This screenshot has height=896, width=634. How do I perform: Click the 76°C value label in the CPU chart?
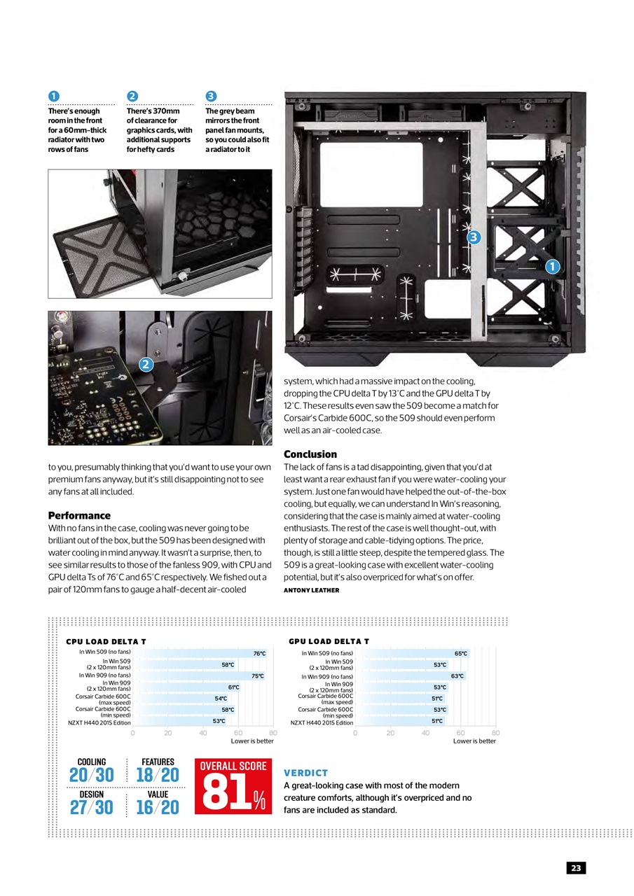pyautogui.click(x=259, y=654)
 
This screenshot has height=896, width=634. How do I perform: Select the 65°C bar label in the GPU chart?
pyautogui.click(x=460, y=654)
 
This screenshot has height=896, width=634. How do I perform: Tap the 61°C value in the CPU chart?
pyautogui.click(x=233, y=687)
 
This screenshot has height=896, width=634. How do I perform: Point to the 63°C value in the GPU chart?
pyautogui.click(x=457, y=676)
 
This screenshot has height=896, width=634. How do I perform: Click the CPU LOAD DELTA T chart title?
pyautogui.click(x=106, y=641)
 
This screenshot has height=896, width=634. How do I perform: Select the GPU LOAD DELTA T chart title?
pyautogui.click(x=329, y=641)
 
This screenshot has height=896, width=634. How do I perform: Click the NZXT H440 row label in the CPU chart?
pyautogui.click(x=99, y=722)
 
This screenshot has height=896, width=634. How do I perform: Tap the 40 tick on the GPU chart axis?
pyautogui.click(x=425, y=733)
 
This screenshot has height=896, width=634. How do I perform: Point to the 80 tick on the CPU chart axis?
pyautogui.click(x=273, y=733)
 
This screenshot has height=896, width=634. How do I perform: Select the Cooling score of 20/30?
pyautogui.click(x=91, y=776)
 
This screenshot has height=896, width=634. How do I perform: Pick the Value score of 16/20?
pyautogui.click(x=158, y=808)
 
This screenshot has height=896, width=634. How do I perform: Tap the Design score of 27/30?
pyautogui.click(x=91, y=808)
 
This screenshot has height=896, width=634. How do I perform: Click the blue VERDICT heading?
pyautogui.click(x=305, y=773)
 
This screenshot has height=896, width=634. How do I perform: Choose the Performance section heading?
pyautogui.click(x=79, y=515)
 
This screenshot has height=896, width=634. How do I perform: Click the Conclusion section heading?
pyautogui.click(x=310, y=454)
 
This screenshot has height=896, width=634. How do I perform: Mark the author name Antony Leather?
pyautogui.click(x=311, y=590)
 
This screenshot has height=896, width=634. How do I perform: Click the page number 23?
pyautogui.click(x=576, y=868)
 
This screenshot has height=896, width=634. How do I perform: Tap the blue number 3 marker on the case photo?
pyautogui.click(x=474, y=237)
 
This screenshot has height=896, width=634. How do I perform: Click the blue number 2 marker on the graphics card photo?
pyautogui.click(x=146, y=364)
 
